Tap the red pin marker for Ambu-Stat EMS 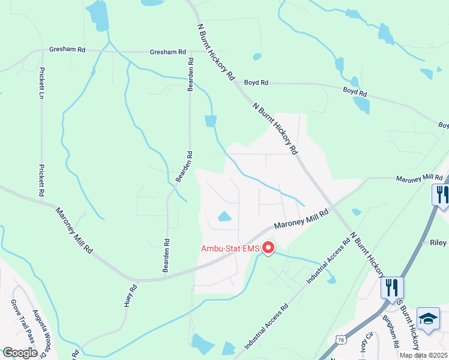268,247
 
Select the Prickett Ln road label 42,82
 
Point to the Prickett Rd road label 42,181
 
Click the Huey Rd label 127,296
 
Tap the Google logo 20,353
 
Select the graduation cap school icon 429,319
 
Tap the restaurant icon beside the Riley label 441,196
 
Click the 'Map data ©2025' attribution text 424,355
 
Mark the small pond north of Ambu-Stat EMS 224,217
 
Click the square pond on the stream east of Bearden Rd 210,121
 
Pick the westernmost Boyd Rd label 256,83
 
